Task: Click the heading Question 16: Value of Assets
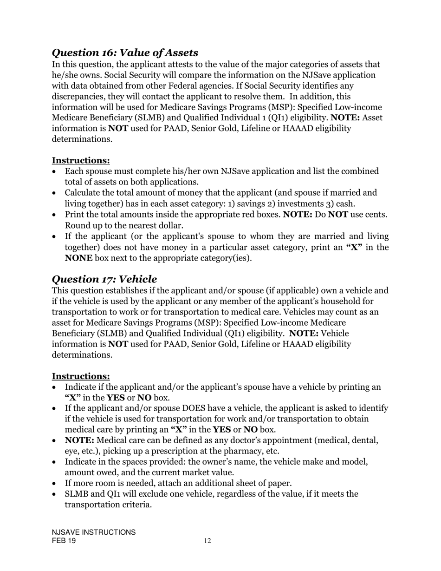pyautogui.click(x=125, y=53)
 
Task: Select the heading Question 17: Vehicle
pyautogui.click(x=104, y=279)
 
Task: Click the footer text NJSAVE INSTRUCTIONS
pyautogui.click(x=94, y=532)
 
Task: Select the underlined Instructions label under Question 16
pyautogui.click(x=81, y=160)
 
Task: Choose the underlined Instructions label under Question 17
pyautogui.click(x=81, y=376)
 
